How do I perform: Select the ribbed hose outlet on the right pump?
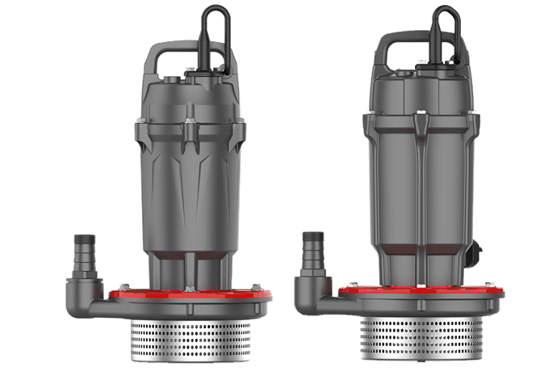[312, 250]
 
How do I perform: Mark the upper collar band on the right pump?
[419, 125]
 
